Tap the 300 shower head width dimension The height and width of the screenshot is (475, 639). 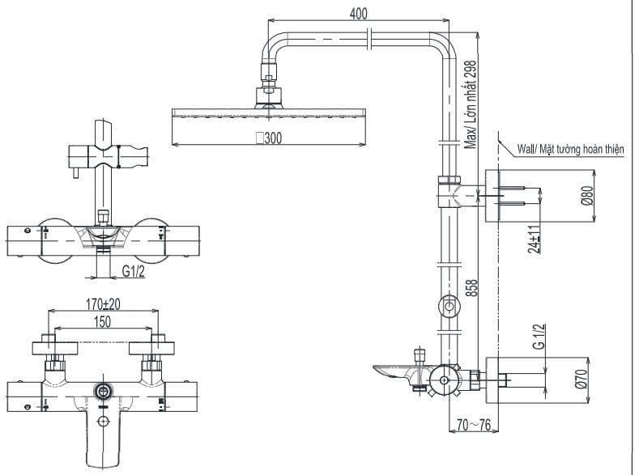click(x=269, y=138)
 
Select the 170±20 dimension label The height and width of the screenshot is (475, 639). click(x=102, y=304)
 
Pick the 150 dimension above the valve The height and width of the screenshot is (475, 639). click(x=102, y=322)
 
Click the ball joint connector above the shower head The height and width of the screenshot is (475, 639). click(x=270, y=96)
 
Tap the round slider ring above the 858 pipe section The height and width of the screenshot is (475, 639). click(x=448, y=307)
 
